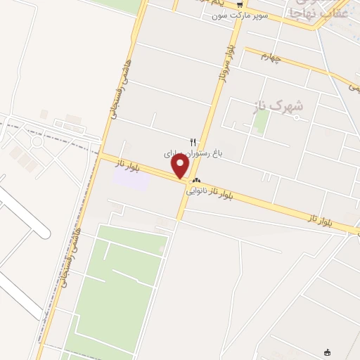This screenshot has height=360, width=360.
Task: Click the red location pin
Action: tap(181, 166)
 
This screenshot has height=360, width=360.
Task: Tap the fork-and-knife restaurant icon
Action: tap(193, 141)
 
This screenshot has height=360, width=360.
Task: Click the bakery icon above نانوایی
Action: tap(197, 181)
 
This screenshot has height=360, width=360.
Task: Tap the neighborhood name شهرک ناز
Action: tap(278, 105)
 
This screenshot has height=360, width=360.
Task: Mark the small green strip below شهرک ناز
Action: tap(261, 121)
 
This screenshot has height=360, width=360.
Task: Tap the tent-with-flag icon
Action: tap(326, 352)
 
